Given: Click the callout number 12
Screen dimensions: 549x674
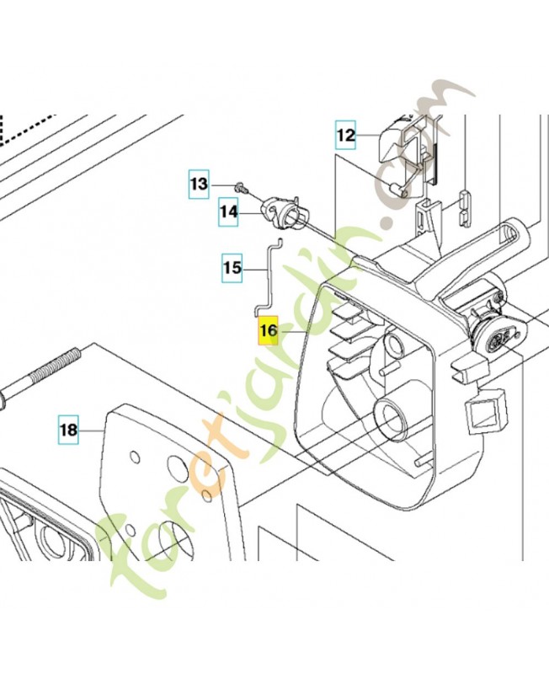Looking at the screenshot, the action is coord(345,135).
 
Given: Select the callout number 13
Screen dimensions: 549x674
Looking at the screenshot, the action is coord(199,184).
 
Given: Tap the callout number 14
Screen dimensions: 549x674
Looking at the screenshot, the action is coord(229,211).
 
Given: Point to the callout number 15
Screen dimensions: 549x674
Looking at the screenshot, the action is coord(232,268).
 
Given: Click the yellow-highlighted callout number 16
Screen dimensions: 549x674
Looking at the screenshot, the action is coord(268,330).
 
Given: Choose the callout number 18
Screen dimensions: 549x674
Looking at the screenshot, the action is coord(69,430).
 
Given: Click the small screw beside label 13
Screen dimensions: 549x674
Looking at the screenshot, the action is coord(240,187).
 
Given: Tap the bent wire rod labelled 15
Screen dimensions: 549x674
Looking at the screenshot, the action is coord(269,275).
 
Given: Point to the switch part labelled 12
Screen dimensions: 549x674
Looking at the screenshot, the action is coord(408,155).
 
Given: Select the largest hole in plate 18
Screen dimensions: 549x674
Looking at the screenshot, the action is coord(177,464).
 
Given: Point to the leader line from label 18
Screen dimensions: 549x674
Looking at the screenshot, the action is coord(92,430).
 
